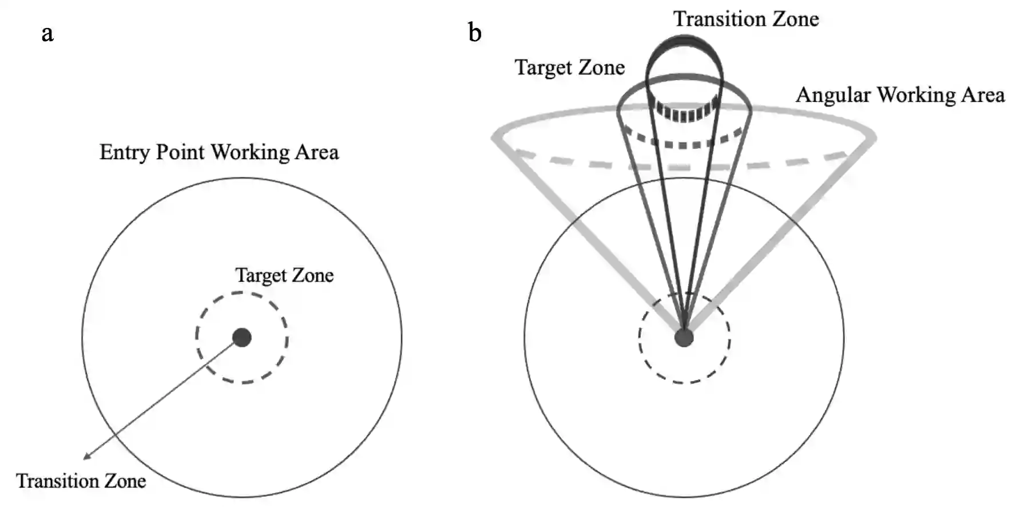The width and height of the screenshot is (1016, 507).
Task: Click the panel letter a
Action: pyautogui.click(x=47, y=33)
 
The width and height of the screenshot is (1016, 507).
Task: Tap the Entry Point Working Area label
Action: pyautogui.click(x=219, y=152)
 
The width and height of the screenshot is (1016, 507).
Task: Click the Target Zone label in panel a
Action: pyautogui.click(x=284, y=275)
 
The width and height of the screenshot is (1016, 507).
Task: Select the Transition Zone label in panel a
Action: pyautogui.click(x=81, y=481)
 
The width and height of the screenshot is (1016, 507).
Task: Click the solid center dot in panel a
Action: pyautogui.click(x=242, y=338)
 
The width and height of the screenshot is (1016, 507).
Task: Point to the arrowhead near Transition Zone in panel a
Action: pyautogui.click(x=87, y=456)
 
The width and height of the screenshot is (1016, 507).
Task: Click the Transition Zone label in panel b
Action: pyautogui.click(x=745, y=19)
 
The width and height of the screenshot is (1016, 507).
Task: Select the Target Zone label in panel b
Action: pyautogui.click(x=569, y=68)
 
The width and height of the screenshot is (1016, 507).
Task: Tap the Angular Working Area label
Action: pyautogui.click(x=900, y=95)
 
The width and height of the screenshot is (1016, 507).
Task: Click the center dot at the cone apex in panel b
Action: pyautogui.click(x=684, y=338)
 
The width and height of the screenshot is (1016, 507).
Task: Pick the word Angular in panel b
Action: pyautogui.click(x=833, y=95)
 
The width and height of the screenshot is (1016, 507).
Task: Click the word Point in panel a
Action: pyautogui.click(x=180, y=152)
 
